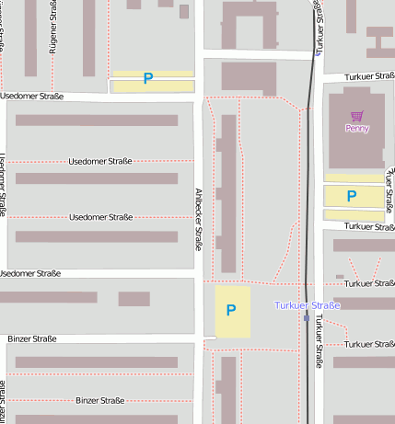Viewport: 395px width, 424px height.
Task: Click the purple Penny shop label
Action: (x=356, y=129)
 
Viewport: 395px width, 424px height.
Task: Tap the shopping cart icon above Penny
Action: (x=356, y=116)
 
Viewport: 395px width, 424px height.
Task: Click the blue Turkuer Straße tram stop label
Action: (x=308, y=304)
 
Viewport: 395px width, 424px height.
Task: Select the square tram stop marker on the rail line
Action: (x=307, y=318)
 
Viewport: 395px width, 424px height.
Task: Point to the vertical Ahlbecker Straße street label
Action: (x=198, y=220)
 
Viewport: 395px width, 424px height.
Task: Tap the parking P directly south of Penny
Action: (x=351, y=196)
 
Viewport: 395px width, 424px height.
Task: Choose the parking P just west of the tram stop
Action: (x=231, y=311)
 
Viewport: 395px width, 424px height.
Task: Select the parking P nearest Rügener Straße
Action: (x=148, y=79)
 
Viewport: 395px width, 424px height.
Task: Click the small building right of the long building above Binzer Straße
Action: (x=134, y=299)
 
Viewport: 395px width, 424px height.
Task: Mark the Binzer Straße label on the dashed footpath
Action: (x=100, y=401)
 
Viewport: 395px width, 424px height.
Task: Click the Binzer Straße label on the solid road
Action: (x=32, y=339)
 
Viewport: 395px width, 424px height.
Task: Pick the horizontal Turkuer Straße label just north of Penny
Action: (x=369, y=77)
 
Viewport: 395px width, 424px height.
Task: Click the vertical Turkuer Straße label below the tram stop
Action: (x=319, y=341)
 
